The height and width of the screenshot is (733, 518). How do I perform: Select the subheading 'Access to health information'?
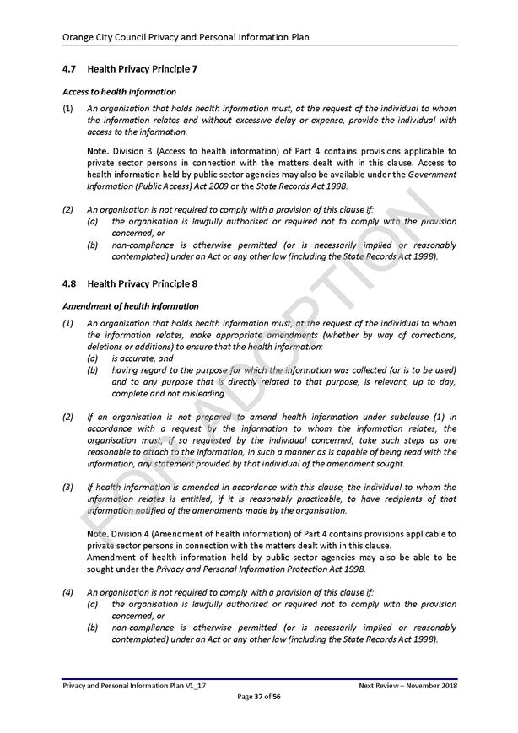tap(119, 91)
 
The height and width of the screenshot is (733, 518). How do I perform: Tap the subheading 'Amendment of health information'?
tap(131, 306)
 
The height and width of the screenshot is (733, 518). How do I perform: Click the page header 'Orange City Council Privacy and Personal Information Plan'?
tap(186, 37)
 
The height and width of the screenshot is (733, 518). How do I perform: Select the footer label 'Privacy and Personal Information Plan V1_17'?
tap(135, 686)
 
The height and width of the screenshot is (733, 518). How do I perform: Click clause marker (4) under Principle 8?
tap(67, 593)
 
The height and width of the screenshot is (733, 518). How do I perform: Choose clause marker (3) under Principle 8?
tap(67, 488)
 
